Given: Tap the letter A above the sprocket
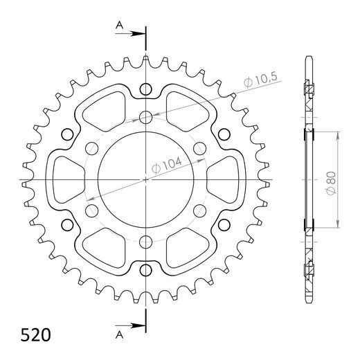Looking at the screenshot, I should click(119, 26).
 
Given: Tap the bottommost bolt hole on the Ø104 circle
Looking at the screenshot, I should click(146, 242).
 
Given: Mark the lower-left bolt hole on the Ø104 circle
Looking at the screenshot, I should click(91, 210).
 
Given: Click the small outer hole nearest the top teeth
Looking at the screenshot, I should click(146, 89).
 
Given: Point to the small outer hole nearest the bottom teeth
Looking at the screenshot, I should click(146, 269).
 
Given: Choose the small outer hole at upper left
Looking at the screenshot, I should click(67, 134).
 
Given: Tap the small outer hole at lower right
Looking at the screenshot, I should click(224, 224).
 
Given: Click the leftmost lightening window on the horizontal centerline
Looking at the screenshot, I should click(66, 179).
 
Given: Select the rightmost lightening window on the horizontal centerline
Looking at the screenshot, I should click(226, 179).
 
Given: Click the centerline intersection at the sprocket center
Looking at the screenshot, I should click(146, 179).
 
